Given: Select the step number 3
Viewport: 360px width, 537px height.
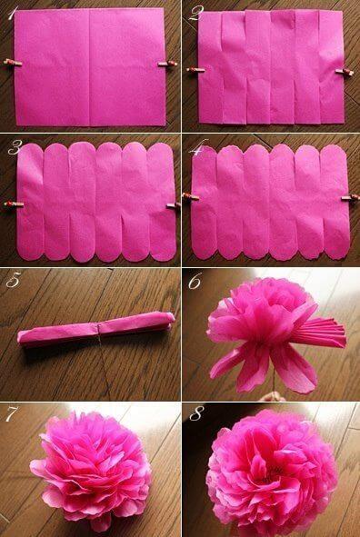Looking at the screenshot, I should coord(14,148).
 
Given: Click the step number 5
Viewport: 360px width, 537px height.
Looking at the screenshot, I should coord(13,282).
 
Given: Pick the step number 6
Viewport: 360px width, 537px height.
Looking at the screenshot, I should coord(195,282).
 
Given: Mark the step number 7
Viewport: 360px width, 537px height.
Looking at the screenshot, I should coord(12,415).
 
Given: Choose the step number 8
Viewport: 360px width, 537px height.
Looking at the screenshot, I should coord(195,416).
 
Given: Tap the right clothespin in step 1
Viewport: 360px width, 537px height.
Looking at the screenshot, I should coord(168,63).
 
